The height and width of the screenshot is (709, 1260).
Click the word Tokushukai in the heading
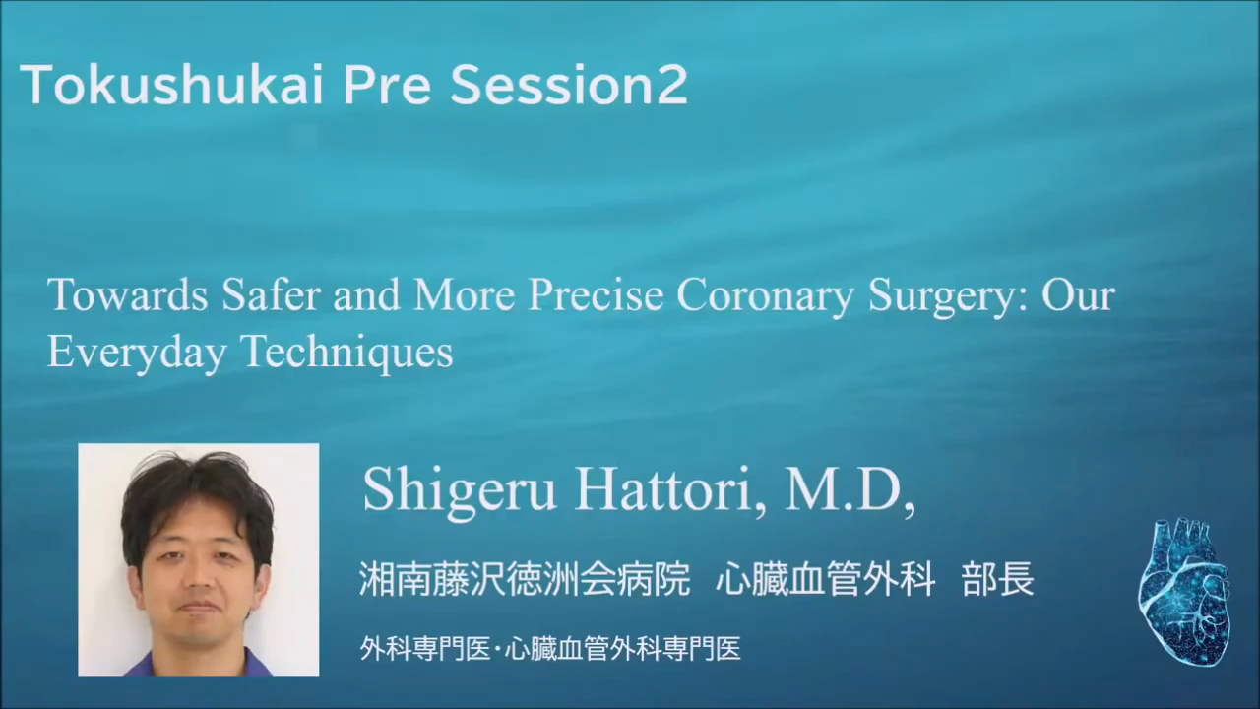[x=171, y=85]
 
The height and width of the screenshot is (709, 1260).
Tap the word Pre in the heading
[x=387, y=86]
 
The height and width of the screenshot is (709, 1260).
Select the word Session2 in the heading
[x=569, y=85]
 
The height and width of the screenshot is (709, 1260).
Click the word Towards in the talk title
[x=128, y=295]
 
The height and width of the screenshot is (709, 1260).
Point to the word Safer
[x=271, y=294]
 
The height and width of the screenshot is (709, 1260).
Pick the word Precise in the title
[x=596, y=294]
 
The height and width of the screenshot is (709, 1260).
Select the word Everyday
[x=137, y=354]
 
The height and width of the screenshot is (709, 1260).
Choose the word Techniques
[x=347, y=354]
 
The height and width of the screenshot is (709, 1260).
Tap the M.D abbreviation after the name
[x=849, y=489]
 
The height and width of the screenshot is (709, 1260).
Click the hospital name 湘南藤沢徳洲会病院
[x=525, y=579]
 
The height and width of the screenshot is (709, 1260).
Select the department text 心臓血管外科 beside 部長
[x=826, y=579]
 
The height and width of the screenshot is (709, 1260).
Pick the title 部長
[x=998, y=579]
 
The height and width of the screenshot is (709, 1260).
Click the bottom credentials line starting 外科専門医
[x=550, y=649]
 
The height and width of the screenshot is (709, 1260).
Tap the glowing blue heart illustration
[x=1184, y=592]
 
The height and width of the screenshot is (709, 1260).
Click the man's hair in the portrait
[x=197, y=495]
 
